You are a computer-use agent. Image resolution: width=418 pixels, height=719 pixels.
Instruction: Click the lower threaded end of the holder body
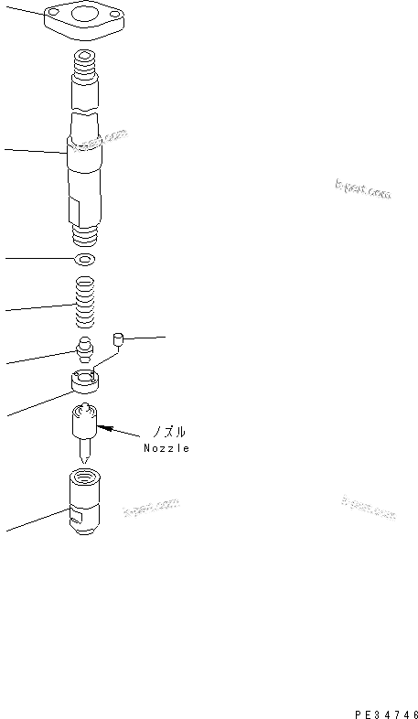pos(85,237)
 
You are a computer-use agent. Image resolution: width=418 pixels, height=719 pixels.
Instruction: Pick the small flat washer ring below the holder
pos(86,260)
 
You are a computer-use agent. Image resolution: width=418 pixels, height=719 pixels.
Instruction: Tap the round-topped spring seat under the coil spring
pos(85,348)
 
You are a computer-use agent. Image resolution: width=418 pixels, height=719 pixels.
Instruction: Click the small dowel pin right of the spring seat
pos(117,341)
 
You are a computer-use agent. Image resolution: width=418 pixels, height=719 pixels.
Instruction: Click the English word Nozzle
pos(166,448)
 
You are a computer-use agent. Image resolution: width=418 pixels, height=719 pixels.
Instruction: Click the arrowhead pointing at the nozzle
pos(102,424)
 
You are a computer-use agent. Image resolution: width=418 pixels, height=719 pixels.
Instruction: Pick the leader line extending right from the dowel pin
pos(145,339)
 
